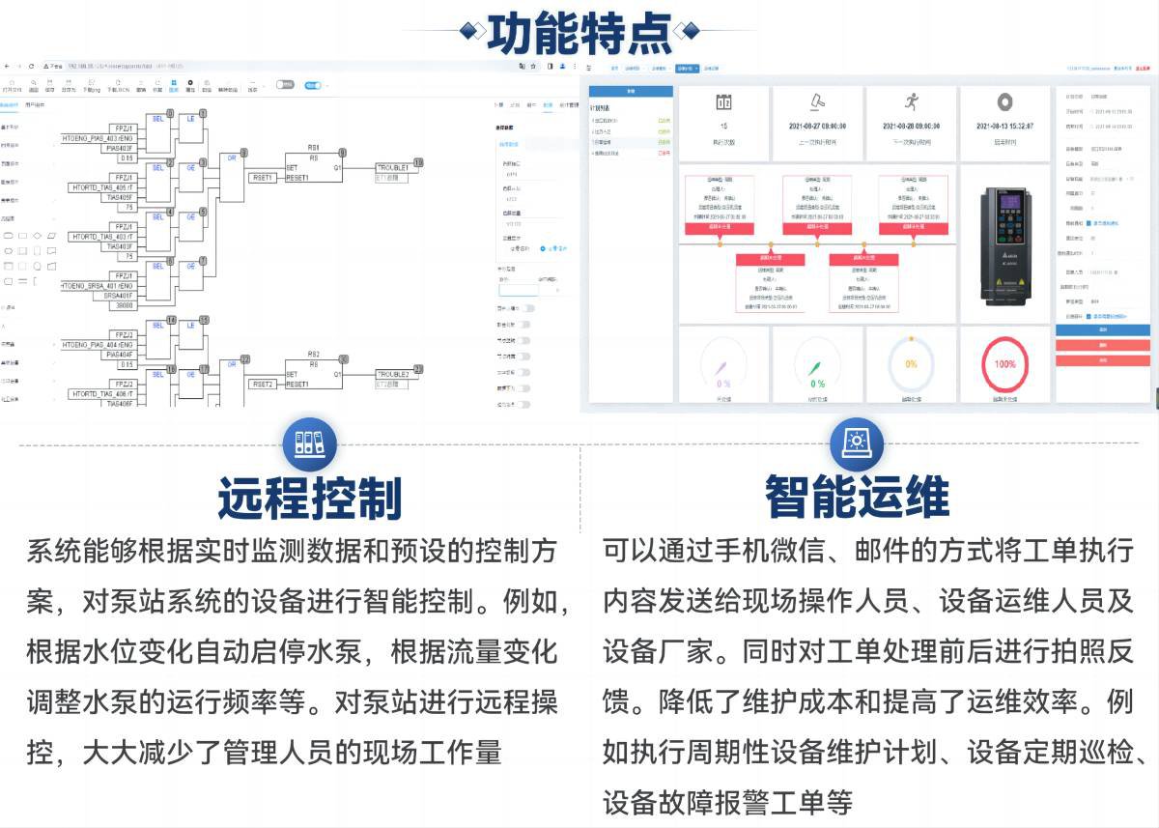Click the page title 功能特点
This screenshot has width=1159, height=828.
pyautogui.click(x=579, y=33)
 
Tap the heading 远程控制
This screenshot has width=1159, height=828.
pyautogui.click(x=310, y=498)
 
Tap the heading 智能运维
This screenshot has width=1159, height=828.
pyautogui.click(x=857, y=498)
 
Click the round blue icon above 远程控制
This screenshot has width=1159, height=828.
pyautogui.click(x=309, y=443)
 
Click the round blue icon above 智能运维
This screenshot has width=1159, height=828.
pyautogui.click(x=857, y=443)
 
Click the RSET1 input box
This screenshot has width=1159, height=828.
pyautogui.click(x=263, y=178)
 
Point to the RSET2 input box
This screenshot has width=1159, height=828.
pyautogui.click(x=263, y=384)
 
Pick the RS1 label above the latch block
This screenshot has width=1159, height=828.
pyautogui.click(x=313, y=149)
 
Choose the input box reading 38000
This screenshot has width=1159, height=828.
pyautogui.click(x=126, y=305)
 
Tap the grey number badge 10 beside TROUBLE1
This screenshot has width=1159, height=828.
pyautogui.click(x=418, y=162)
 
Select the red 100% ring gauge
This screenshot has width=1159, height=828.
pyautogui.click(x=1004, y=364)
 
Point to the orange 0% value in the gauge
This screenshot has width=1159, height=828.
pyautogui.click(x=911, y=364)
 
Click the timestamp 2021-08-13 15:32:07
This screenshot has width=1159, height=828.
pyautogui.click(x=1004, y=127)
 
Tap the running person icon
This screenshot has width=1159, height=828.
pyautogui.click(x=911, y=100)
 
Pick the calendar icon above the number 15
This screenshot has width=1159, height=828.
pyautogui.click(x=723, y=101)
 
